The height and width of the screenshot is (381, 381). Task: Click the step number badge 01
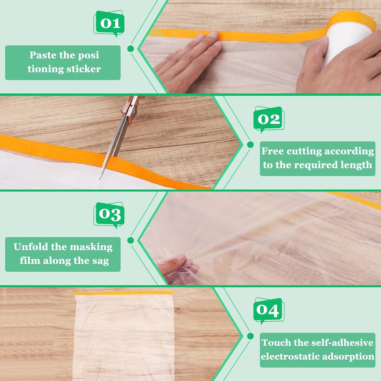point(109,23)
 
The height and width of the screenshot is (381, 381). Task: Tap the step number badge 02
point(269,119)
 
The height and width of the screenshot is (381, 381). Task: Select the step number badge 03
point(109,214)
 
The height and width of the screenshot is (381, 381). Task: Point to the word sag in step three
point(100,261)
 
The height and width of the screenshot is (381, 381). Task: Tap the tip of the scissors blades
point(100,179)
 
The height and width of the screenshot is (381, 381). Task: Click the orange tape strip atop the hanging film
point(123,293)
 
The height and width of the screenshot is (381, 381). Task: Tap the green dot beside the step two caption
point(250,144)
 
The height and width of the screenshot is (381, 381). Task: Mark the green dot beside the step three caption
point(130,240)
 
